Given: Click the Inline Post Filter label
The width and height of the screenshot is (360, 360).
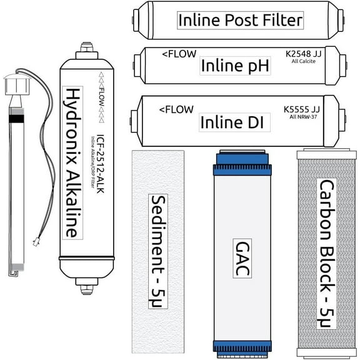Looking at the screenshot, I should pyautogui.click(x=241, y=20).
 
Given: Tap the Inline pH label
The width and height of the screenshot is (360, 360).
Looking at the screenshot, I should pyautogui.click(x=236, y=66).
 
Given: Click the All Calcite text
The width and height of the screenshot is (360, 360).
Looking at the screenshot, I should pyautogui.click(x=319, y=63).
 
